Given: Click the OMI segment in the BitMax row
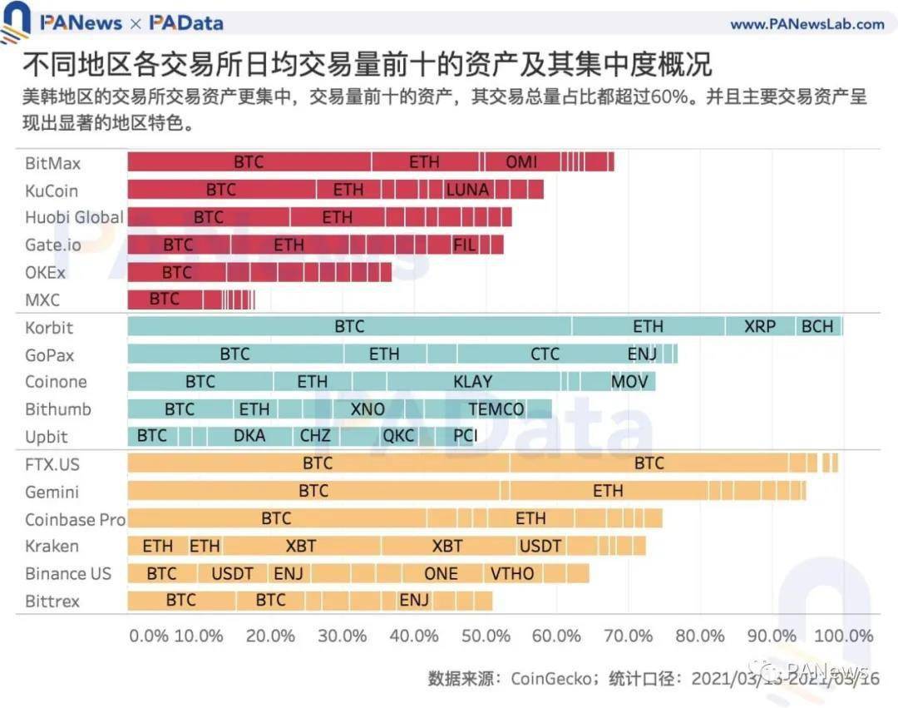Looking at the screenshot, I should coord(521,162).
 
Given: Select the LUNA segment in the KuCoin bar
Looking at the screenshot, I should coord(467,190).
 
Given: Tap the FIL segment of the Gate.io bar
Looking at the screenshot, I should coord(465,245).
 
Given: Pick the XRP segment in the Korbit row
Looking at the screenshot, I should coord(760,326).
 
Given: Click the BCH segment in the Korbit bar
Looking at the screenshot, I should coord(818,326).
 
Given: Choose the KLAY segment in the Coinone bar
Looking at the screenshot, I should coord(472,382).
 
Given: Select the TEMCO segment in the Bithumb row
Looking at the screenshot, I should coord(496,409).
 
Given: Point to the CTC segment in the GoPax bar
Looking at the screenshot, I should coord(545,354).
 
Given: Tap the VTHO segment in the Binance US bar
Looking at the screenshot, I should coord(512,574).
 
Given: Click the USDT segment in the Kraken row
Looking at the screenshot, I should coord(540,547).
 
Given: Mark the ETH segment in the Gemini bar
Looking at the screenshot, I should coord(608,491).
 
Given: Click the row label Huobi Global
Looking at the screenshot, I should coord(74,217).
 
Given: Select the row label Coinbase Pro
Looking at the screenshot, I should coord(75,519).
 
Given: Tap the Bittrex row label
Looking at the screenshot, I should coord(52,601).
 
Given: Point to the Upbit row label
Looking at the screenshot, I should coord(47,437).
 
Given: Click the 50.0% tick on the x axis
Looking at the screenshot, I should coord(486,636).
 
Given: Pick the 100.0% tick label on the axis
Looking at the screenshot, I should coord(842,636).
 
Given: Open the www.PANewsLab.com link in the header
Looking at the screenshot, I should coord(807,24).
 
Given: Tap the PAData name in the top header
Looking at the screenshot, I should coord(187,23).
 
